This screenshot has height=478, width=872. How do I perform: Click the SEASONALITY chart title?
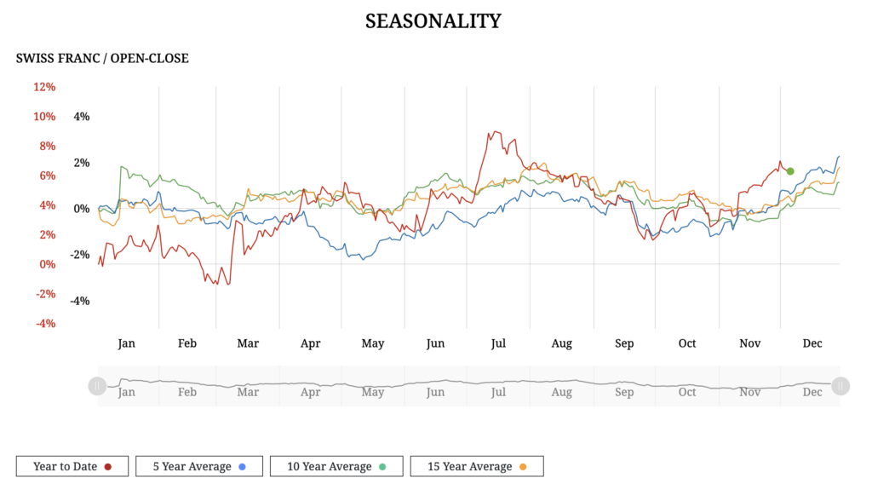[433, 21]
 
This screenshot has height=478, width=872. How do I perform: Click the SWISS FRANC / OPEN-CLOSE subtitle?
[102, 59]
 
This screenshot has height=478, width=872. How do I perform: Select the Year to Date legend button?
[72, 466]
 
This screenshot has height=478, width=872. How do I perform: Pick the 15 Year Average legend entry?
[477, 466]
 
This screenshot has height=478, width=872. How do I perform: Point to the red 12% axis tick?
[44, 87]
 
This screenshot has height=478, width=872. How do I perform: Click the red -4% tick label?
[44, 324]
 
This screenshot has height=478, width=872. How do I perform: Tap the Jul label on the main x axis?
[498, 343]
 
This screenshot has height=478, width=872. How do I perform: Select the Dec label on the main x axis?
[812, 343]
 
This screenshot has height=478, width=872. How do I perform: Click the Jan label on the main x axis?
[126, 343]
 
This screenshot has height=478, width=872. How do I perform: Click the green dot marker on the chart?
[790, 171]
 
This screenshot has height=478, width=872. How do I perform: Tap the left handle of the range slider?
[97, 386]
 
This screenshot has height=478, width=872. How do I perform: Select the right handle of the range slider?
[840, 386]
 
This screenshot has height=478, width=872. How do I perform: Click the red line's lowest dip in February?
[215, 283]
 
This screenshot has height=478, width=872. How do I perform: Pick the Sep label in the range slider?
[624, 393]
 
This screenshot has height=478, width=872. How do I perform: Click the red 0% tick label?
[47, 264]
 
